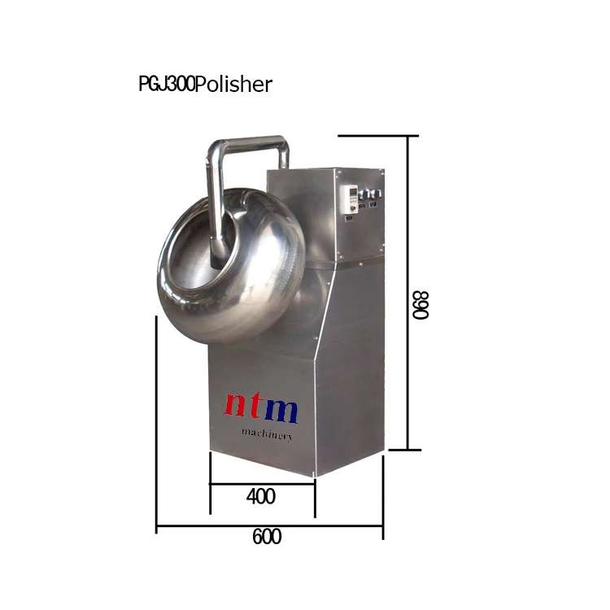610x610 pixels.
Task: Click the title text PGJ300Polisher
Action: (x=205, y=85)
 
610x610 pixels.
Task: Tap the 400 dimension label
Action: (x=260, y=496)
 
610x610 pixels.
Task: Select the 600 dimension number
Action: (x=267, y=538)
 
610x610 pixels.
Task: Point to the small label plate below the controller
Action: (x=347, y=217)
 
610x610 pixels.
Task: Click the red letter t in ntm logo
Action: (x=259, y=407)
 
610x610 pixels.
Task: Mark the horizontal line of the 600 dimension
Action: (x=268, y=527)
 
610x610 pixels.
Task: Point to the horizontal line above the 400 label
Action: (x=262, y=484)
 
